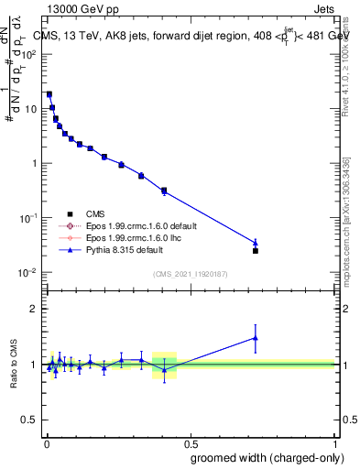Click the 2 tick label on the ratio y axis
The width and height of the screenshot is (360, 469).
33,309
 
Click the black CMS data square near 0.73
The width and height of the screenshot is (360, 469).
256,251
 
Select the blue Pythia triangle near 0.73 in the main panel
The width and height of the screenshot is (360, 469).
256,243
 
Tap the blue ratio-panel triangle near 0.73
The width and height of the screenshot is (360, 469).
256,338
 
